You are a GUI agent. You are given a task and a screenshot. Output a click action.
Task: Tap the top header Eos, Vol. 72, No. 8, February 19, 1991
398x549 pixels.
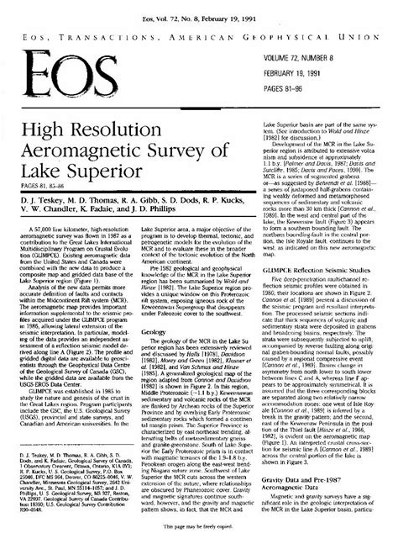pyautogui.click(x=199, y=12)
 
